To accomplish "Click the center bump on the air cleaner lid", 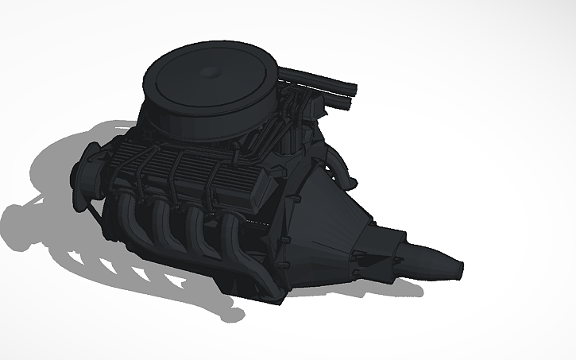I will (x=211, y=72).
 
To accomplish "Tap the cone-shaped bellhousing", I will (x=334, y=223).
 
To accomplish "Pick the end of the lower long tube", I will (x=350, y=104).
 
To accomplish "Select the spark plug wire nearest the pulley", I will (x=127, y=183).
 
